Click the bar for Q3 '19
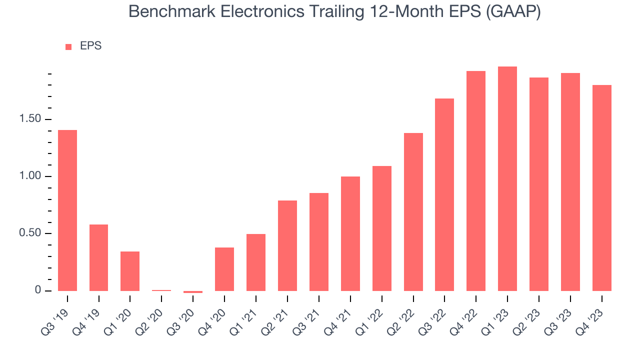point(67,210)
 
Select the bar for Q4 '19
point(98,257)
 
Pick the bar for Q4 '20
point(224,269)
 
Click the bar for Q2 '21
point(287,245)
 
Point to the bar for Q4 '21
point(350,233)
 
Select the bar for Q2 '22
point(413,212)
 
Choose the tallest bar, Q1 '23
point(507,178)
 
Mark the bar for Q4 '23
point(602,188)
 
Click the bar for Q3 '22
point(444,194)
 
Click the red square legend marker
point(68,47)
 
